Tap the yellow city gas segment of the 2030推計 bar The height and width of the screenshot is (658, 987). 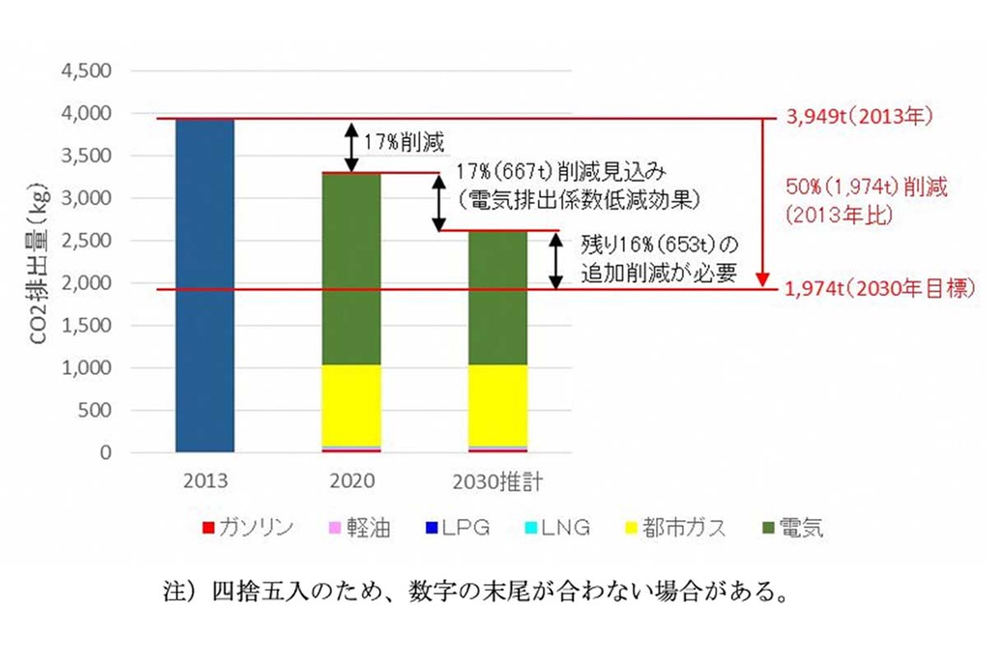(x=498, y=405)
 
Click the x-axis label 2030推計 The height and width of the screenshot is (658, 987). (x=498, y=482)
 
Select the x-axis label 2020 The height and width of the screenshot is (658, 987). (x=351, y=482)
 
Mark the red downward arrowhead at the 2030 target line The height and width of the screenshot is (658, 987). (x=765, y=280)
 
